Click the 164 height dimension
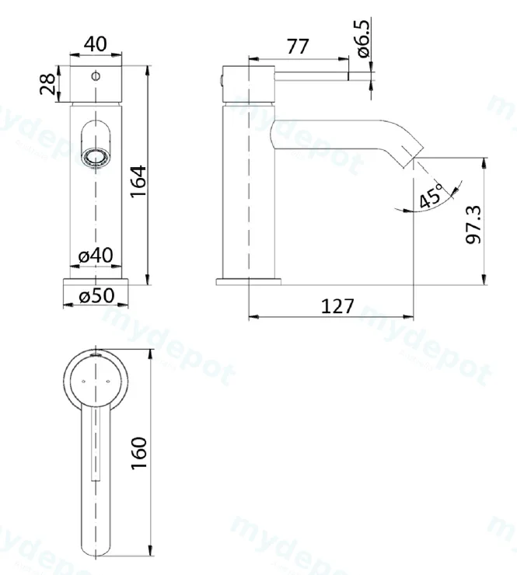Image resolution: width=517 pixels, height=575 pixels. [x=138, y=181]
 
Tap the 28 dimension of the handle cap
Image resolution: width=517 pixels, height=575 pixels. [x=47, y=84]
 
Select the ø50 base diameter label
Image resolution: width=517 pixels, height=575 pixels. [x=96, y=295]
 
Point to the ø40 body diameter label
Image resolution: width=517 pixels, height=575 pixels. [x=96, y=255]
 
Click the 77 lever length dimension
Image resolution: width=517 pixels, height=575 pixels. [x=298, y=47]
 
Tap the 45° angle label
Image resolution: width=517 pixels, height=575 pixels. [x=431, y=196]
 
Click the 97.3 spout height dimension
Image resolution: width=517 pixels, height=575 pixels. [x=473, y=225]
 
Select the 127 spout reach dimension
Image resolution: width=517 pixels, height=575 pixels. [x=337, y=306]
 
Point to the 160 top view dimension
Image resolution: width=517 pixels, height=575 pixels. [x=138, y=452]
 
